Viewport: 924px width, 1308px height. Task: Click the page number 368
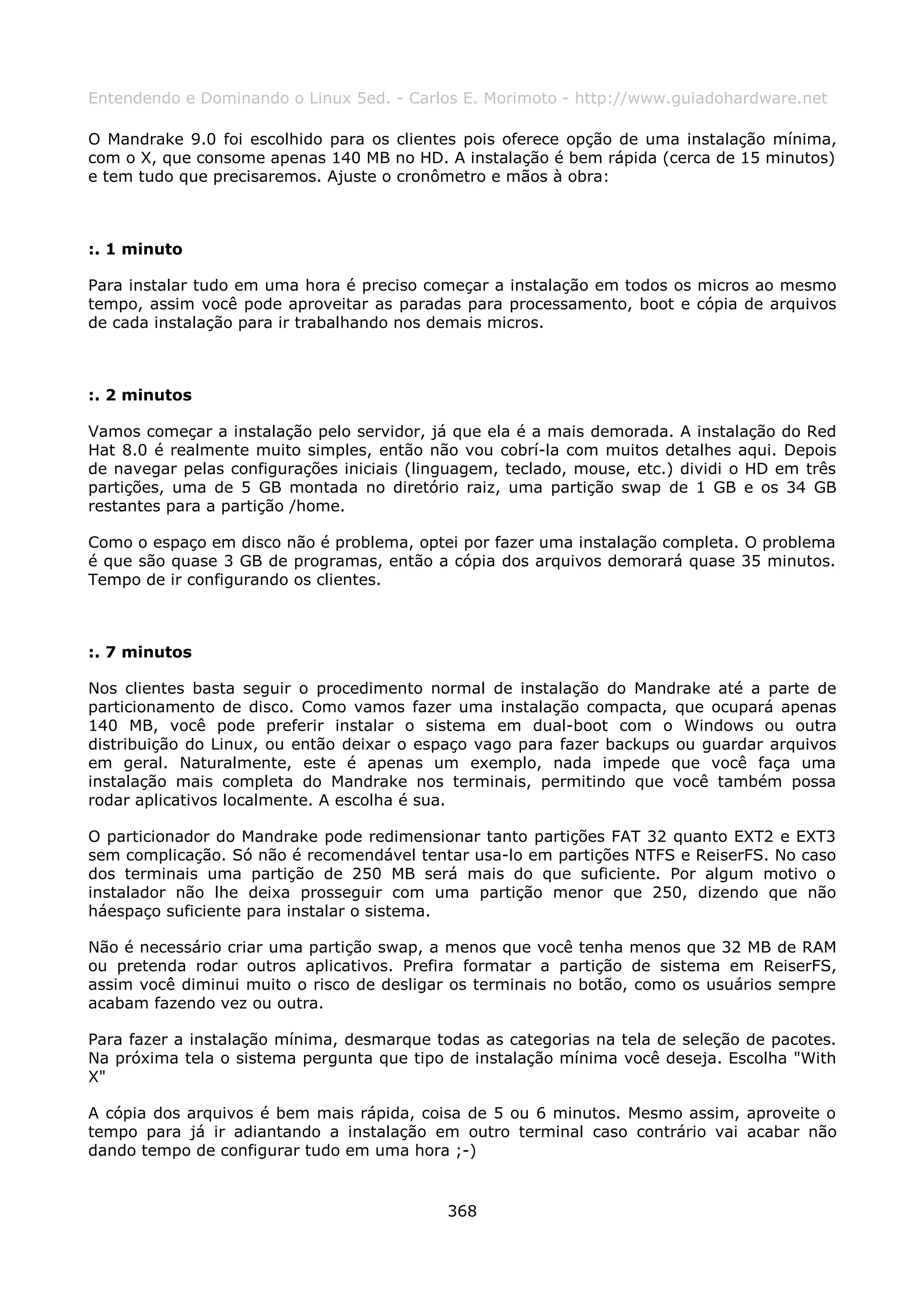point(462,1211)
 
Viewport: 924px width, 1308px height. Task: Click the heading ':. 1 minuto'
point(135,249)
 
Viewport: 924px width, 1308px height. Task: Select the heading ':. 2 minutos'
point(140,395)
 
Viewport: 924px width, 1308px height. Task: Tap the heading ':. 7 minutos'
point(140,652)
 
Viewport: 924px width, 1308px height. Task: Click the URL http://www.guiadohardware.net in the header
point(700,98)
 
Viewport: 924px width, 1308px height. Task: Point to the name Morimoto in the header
point(519,98)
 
